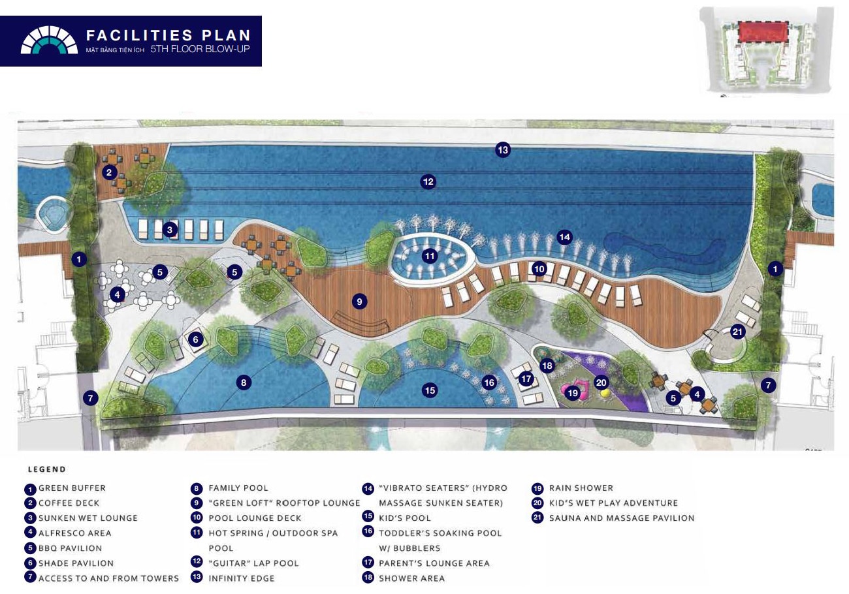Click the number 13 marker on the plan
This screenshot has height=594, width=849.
tap(503, 150)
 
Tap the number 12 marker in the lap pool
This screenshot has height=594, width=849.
tap(428, 182)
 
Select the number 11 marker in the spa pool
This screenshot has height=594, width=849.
tap(430, 256)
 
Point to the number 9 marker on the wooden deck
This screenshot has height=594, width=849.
tap(359, 302)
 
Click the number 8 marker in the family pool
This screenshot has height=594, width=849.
tap(244, 383)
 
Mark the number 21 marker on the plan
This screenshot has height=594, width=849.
tap(737, 332)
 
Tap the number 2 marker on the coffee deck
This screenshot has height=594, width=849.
tap(109, 173)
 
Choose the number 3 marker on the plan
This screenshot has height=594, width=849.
tap(170, 230)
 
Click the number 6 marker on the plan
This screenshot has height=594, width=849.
tap(195, 339)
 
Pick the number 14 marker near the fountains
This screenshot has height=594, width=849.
tap(564, 237)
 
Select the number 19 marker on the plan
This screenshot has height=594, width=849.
tap(573, 393)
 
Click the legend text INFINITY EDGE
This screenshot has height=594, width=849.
tap(242, 578)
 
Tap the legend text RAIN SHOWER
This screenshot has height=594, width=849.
tap(581, 488)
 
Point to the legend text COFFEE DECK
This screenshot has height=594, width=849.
tap(69, 503)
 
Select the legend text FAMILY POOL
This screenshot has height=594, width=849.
tap(238, 488)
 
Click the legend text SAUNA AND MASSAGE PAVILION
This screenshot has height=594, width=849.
tap(622, 518)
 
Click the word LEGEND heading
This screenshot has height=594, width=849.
tap(47, 469)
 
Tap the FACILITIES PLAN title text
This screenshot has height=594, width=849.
tap(168, 35)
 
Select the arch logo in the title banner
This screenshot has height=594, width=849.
tap(49, 40)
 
